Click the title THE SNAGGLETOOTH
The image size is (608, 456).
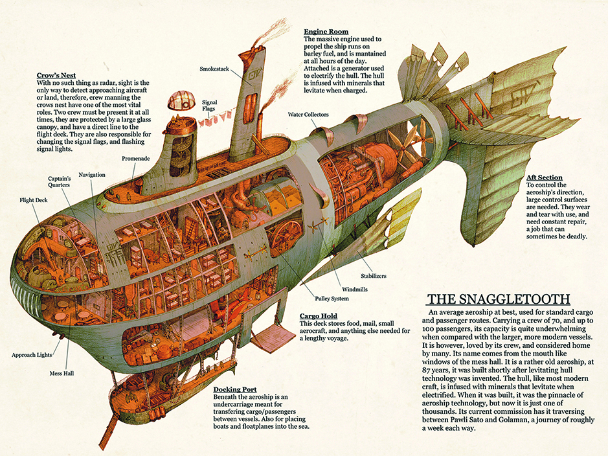tap(499, 299)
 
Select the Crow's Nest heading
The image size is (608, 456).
tap(56, 75)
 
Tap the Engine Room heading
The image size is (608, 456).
tap(326, 31)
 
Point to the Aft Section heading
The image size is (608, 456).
tap(544, 177)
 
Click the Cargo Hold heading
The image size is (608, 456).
tap(319, 315)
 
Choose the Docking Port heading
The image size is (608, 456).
tap(235, 389)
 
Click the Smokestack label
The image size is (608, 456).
tap(214, 69)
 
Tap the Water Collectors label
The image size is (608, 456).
tap(308, 115)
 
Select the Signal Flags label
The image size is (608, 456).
tap(209, 106)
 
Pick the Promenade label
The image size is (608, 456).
tap(136, 159)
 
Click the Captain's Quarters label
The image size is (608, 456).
tap(60, 182)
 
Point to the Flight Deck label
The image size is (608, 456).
tap(34, 200)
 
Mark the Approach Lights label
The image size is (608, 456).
tap(32, 355)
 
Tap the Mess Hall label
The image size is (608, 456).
tap(62, 373)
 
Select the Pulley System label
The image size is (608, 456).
tap(332, 299)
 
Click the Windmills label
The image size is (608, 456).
tap(355, 290)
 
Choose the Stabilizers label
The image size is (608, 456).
tap(374, 276)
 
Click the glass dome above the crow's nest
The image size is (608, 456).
tap(181, 100)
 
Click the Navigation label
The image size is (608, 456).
tap(92, 175)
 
